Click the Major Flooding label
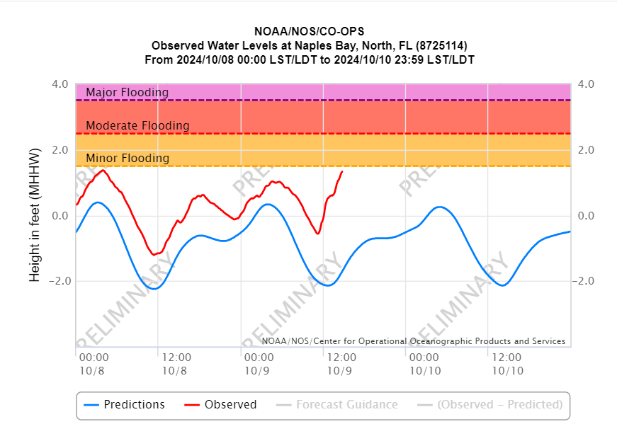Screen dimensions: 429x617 coord(127,93)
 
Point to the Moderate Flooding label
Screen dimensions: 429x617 coord(137,126)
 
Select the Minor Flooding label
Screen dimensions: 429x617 coord(127,159)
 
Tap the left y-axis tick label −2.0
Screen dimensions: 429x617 coord(57,281)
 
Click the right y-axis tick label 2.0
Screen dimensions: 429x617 coord(587,150)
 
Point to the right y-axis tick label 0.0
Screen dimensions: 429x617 coord(587,216)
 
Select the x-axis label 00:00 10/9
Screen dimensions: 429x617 coord(259,364)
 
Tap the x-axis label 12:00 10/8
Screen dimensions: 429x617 coord(175,364)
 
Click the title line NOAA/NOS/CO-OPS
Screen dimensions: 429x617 coord(309,32)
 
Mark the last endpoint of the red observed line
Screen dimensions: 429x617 coord(342,171)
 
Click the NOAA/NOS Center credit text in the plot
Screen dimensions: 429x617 coord(413,341)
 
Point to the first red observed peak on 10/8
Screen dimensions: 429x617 coord(103,170)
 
